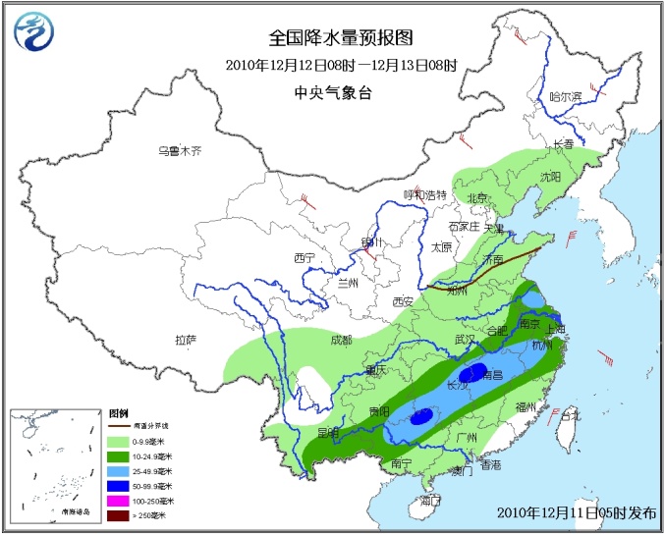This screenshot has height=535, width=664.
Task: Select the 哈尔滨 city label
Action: point(566,96)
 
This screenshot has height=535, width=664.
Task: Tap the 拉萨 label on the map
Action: point(186,340)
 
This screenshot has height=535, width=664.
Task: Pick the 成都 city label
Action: point(341,340)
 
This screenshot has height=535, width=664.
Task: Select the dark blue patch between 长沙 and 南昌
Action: point(474,372)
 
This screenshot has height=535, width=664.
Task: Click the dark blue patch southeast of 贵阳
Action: point(421,417)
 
